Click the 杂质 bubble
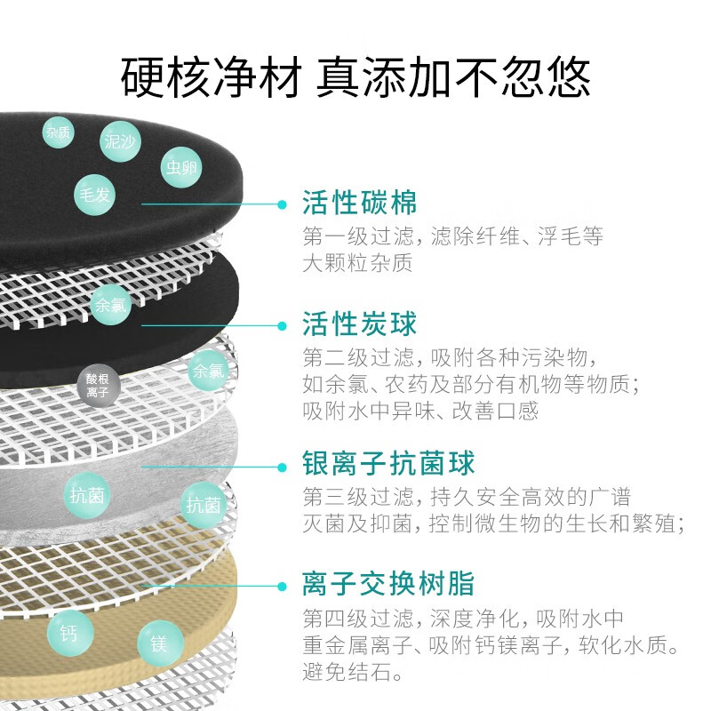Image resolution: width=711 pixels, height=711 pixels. [x=58, y=132]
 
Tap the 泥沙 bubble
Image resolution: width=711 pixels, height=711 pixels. [x=120, y=141]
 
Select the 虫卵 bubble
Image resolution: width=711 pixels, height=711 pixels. [x=181, y=167]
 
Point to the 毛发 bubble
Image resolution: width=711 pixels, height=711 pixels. [x=95, y=195]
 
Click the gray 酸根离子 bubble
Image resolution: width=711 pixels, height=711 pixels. [x=98, y=386]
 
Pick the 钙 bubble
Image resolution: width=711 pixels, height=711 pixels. [x=70, y=633]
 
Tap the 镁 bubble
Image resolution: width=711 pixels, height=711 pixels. [x=160, y=643]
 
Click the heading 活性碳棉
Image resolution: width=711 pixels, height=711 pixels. [x=360, y=203]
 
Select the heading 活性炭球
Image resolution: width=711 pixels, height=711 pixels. [x=360, y=324]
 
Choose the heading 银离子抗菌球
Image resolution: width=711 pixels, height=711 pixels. [x=388, y=463]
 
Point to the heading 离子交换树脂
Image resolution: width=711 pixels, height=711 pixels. [x=388, y=583]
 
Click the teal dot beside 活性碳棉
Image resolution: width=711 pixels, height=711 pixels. [x=282, y=204]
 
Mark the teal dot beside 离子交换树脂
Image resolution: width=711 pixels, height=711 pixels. [x=282, y=587]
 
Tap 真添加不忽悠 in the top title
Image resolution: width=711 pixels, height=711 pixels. [x=453, y=77]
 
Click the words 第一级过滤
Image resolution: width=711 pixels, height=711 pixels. [x=358, y=236]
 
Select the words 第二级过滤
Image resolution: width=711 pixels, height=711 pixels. [x=358, y=358]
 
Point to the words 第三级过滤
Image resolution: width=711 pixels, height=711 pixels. [x=358, y=497]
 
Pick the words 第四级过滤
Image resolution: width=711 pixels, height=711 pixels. [x=358, y=618]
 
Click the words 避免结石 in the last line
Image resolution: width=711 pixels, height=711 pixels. [x=347, y=672]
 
